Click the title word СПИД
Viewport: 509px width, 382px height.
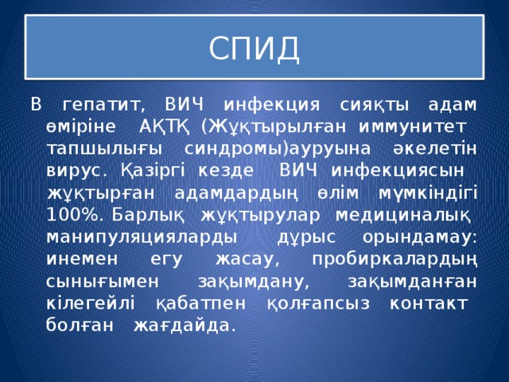tap(254, 49)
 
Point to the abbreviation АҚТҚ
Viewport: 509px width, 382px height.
tap(163, 127)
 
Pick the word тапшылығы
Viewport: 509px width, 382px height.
tap(96, 149)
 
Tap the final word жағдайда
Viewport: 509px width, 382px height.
tap(185, 325)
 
